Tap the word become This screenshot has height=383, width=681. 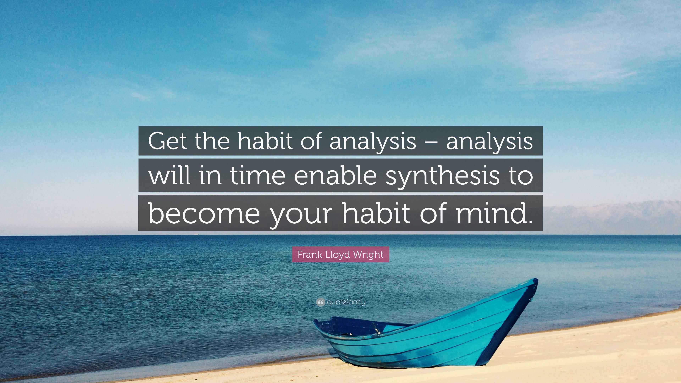[204, 213]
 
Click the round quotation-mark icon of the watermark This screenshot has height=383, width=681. [320, 302]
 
